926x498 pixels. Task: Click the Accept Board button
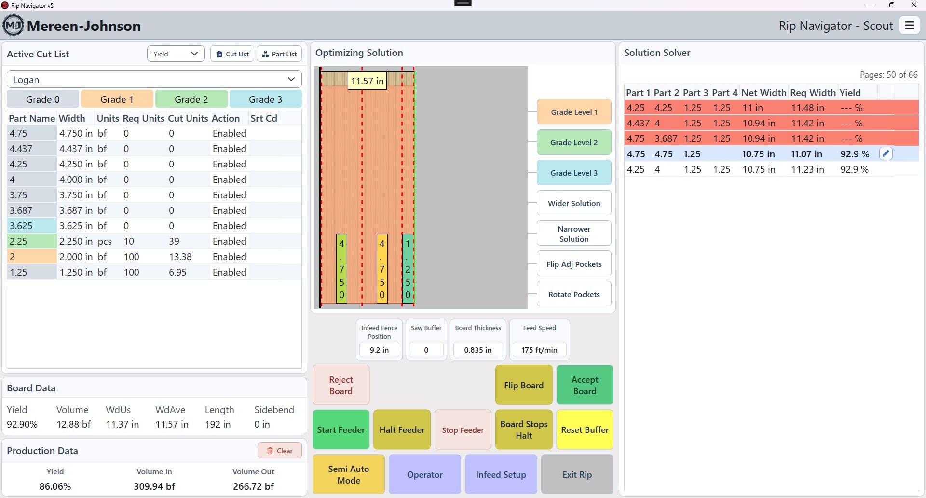click(x=585, y=385)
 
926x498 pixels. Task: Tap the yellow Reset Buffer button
click(x=585, y=429)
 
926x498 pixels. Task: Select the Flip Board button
click(x=524, y=385)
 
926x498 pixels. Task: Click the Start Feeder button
click(x=341, y=429)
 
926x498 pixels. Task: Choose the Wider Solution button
click(x=574, y=203)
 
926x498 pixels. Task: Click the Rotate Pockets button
click(x=574, y=294)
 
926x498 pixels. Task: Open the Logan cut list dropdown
click(x=154, y=80)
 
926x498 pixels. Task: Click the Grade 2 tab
click(x=191, y=99)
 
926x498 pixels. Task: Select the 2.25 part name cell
click(x=32, y=241)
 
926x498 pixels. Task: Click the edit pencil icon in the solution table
click(x=886, y=154)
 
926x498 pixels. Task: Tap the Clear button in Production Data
click(x=280, y=451)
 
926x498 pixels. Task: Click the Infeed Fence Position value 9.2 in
click(x=379, y=350)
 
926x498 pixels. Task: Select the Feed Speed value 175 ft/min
click(x=539, y=350)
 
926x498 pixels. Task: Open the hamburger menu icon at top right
click(x=910, y=26)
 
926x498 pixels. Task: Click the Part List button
click(x=279, y=54)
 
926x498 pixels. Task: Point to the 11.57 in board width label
click(x=367, y=81)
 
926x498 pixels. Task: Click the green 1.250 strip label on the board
click(x=408, y=269)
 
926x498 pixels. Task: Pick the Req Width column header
click(x=813, y=93)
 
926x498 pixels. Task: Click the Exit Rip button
click(x=577, y=474)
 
